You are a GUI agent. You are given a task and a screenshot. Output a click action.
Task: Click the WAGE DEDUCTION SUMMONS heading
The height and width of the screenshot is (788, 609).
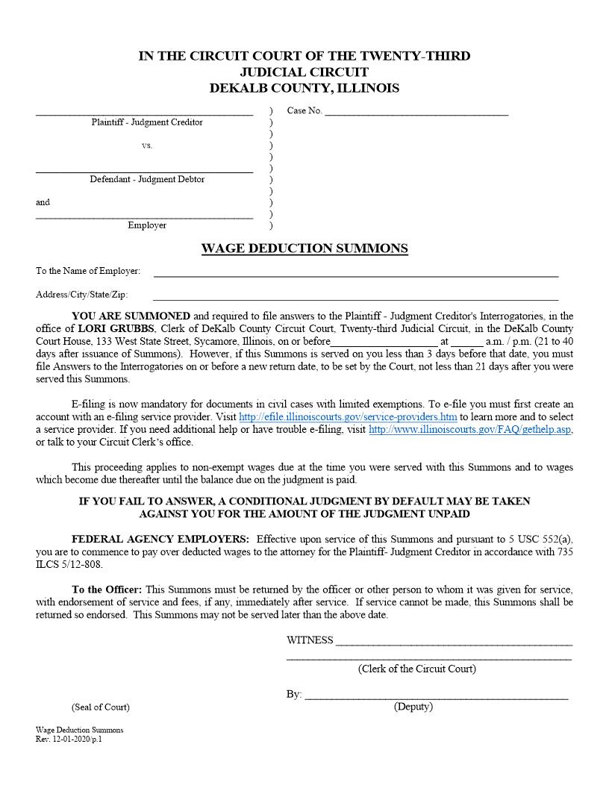coord(304,248)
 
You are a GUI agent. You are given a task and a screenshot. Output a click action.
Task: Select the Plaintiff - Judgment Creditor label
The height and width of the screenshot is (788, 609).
coord(147,122)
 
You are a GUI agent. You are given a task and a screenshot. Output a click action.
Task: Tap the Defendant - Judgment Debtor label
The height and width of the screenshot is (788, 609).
coord(147,179)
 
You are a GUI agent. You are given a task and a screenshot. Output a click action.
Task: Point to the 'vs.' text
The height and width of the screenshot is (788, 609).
coord(147,146)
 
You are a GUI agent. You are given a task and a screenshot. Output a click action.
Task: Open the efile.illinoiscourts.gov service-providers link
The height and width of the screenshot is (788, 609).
coord(348,416)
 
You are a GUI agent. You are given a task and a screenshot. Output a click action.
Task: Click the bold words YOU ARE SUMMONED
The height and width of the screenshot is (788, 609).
coord(131,316)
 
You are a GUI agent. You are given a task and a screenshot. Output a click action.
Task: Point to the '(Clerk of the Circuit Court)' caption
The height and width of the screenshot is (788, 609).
coord(416,669)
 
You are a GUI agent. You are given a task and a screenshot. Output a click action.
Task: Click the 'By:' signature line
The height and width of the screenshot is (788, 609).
coord(436,695)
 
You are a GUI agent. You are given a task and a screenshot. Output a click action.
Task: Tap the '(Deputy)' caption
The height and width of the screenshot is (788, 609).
coord(413,707)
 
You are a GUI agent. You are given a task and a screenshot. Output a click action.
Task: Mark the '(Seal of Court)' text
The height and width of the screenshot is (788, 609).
coord(100,707)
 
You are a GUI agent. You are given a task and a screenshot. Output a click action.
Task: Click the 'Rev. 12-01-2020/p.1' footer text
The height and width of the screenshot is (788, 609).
coord(68,739)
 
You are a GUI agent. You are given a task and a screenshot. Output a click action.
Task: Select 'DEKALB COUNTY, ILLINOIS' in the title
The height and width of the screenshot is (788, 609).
coord(304,88)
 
